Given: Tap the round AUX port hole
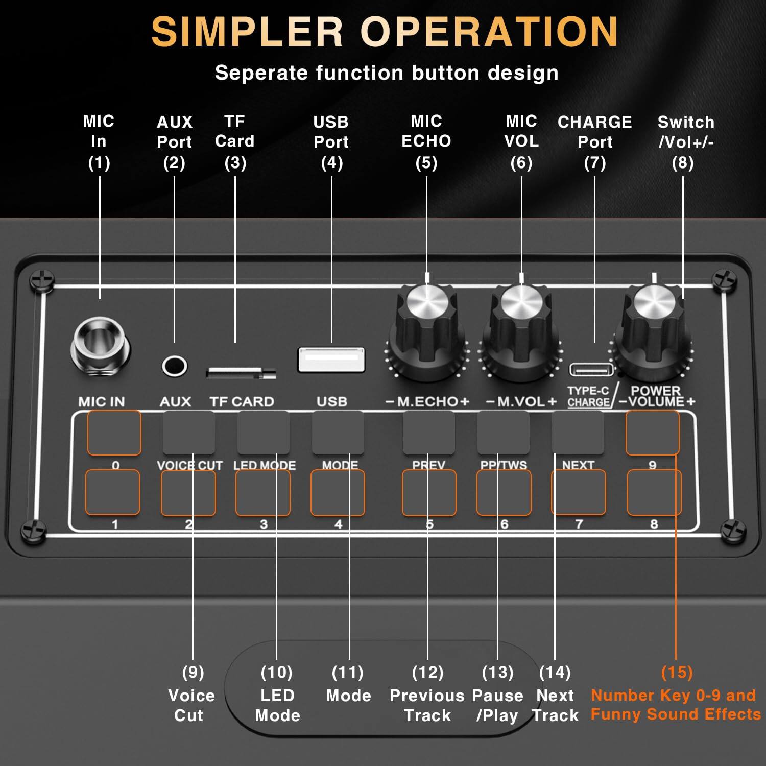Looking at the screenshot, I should click(174, 366).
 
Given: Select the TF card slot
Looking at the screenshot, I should click(241, 373).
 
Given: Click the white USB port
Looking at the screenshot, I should click(331, 360).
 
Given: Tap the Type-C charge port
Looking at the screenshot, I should click(591, 369).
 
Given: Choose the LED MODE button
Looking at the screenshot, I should click(264, 433).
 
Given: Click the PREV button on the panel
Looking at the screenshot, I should click(428, 433).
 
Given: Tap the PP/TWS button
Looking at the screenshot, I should click(503, 433).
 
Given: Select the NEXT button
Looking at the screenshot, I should click(578, 433).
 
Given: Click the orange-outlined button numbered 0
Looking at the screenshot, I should click(114, 433).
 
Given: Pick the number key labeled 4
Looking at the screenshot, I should click(338, 493).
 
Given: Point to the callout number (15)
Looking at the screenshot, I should click(677, 672).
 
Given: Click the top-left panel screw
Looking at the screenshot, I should click(41, 280).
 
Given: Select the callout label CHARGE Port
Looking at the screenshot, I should click(594, 132).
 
